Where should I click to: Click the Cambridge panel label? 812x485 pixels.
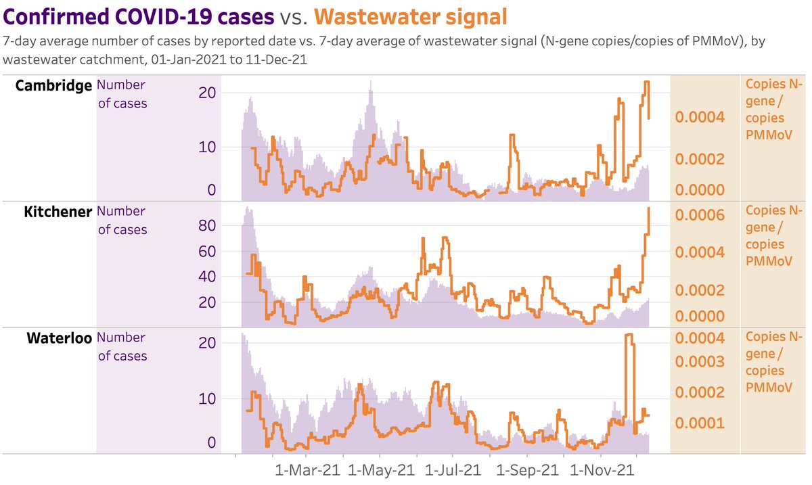click(x=53, y=86)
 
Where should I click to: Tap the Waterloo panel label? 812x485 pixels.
click(x=59, y=338)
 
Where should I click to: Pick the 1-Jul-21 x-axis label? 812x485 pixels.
click(x=453, y=469)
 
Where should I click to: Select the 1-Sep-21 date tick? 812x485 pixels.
click(x=527, y=469)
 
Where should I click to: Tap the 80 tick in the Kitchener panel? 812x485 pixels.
click(x=206, y=226)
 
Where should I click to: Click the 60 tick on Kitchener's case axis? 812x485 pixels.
click(x=206, y=252)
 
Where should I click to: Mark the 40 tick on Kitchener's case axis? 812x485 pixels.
click(x=206, y=277)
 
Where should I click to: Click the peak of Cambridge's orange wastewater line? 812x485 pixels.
click(x=646, y=82)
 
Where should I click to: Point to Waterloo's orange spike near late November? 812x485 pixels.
click(x=629, y=335)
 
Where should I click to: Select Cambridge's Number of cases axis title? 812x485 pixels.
click(x=122, y=94)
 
